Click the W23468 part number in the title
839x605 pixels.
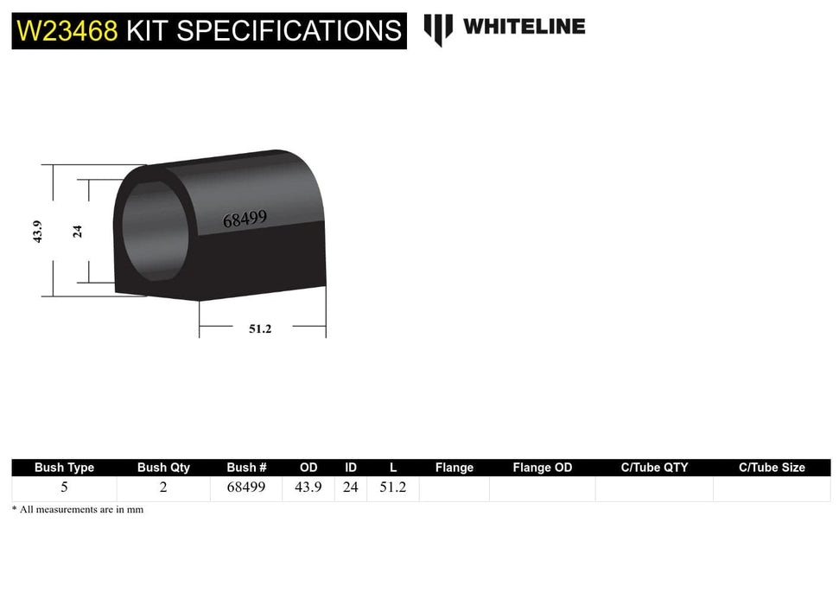(67, 31)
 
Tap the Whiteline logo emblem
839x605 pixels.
(438, 29)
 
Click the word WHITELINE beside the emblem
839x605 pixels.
(524, 27)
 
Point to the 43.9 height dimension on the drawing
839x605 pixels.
(37, 232)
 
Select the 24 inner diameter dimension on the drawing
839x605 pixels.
(78, 231)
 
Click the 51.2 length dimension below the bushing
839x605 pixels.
(260, 328)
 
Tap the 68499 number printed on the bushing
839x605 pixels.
(245, 220)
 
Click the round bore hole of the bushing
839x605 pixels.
(154, 232)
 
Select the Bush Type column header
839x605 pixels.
(64, 468)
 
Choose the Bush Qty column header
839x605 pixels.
(163, 468)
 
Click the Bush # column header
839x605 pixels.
(246, 468)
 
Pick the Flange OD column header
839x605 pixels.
(542, 468)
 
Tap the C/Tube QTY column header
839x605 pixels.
(654, 468)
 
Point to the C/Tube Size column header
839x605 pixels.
(772, 468)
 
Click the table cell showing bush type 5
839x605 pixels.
(64, 487)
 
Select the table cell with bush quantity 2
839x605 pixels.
(163, 487)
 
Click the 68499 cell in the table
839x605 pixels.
(246, 487)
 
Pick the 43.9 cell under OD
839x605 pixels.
(308, 487)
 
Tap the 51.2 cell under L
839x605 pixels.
(392, 487)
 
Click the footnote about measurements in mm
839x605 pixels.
(78, 510)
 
